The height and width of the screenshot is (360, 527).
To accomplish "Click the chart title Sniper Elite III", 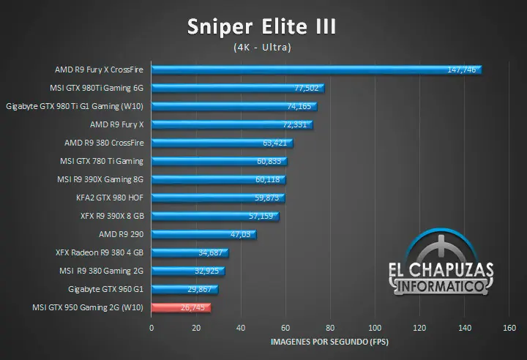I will pyautogui.click(x=261, y=27).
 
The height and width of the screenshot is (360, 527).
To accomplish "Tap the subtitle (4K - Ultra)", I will pyautogui.click(x=262, y=48).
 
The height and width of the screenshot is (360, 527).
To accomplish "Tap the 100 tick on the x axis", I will pyautogui.click(x=375, y=328).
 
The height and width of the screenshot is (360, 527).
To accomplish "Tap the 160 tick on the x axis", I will pyautogui.click(x=509, y=328).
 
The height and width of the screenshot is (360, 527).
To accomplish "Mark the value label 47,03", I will pyautogui.click(x=241, y=235).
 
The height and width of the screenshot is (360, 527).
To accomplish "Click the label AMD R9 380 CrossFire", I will pyautogui.click(x=104, y=143).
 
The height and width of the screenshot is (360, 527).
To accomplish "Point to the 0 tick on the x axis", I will pyautogui.click(x=152, y=328).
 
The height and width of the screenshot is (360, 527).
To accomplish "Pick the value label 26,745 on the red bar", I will pyautogui.click(x=193, y=308).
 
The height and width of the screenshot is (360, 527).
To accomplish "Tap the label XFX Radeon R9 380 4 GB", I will pyautogui.click(x=100, y=252).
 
